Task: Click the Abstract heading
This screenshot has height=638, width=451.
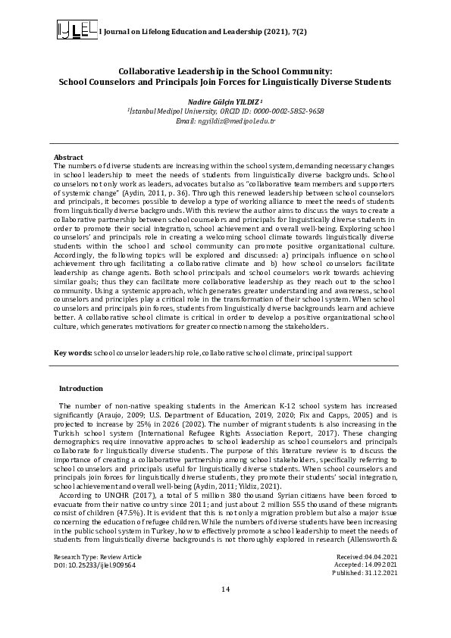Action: (x=68, y=157)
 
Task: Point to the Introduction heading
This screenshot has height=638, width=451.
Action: (x=80, y=388)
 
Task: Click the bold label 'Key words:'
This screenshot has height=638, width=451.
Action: (x=73, y=353)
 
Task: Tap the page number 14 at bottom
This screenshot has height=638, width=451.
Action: (x=225, y=611)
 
